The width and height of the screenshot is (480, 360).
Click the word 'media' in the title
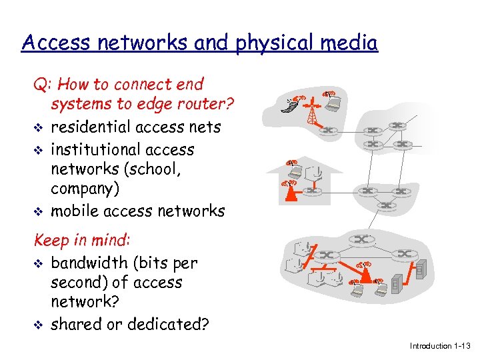351,43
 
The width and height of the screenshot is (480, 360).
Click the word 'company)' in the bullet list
85,188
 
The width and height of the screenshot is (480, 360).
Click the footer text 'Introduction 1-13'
440,346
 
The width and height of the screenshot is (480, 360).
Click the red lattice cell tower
311,113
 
